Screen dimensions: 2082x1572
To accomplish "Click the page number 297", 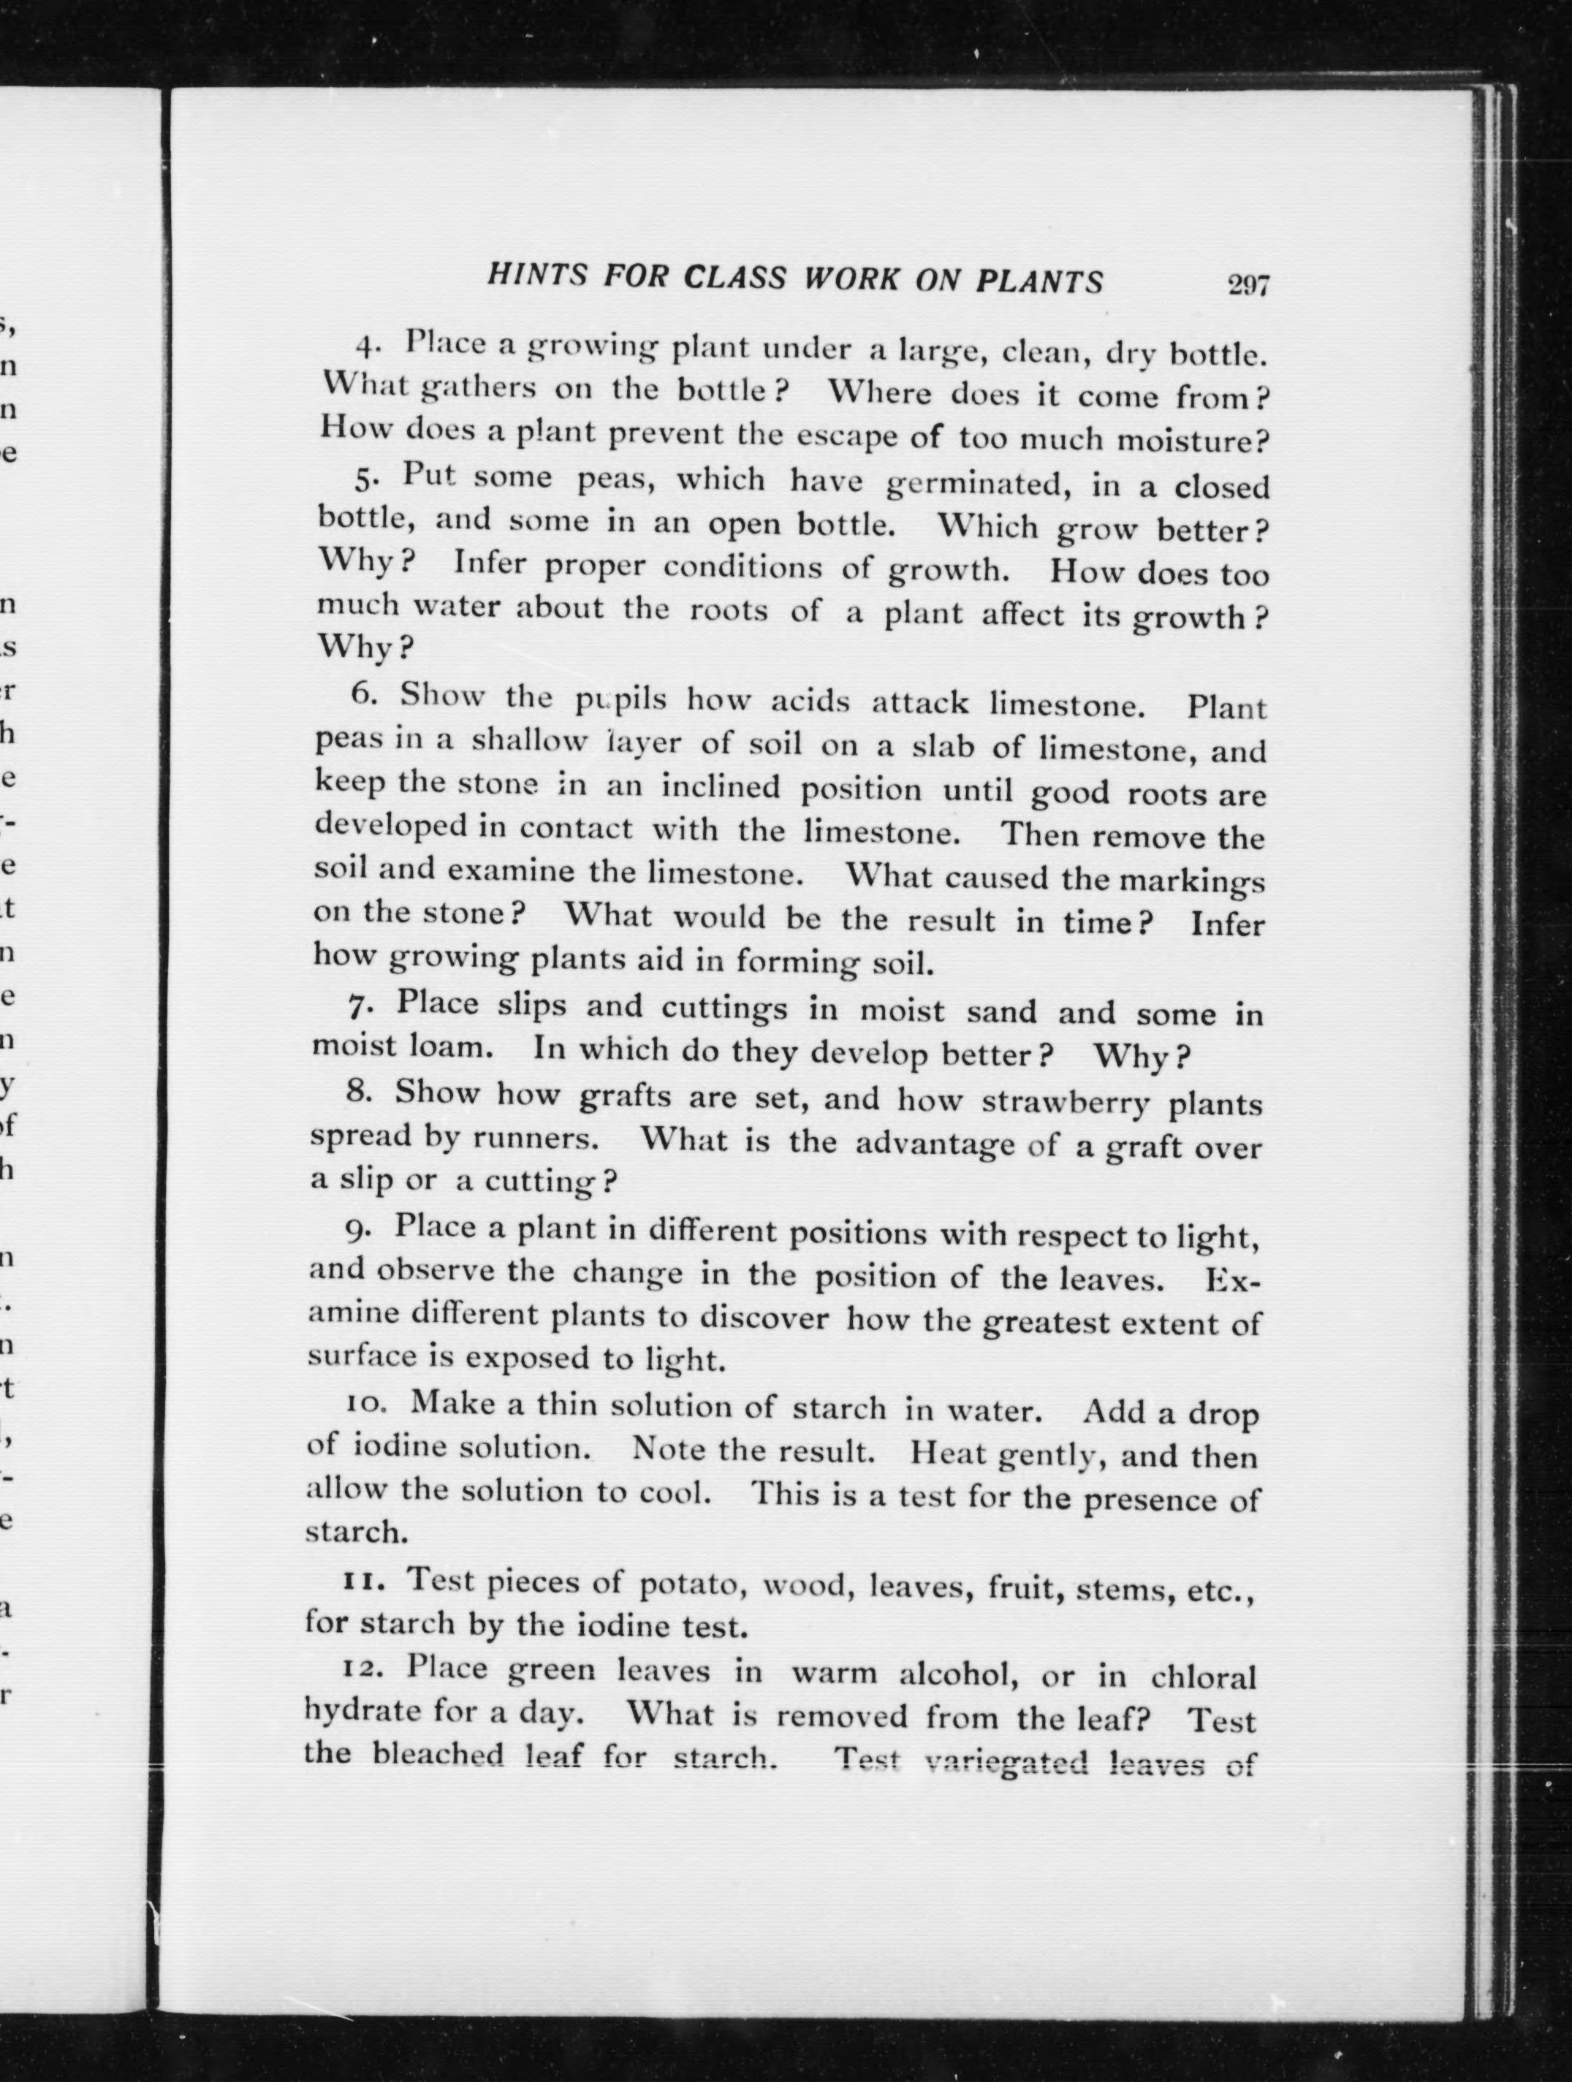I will pos(1248,284).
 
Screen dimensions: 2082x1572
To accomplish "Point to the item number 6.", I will pos(363,695).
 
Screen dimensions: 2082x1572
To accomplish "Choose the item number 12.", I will pos(360,1669).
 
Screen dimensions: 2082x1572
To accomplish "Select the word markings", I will pos(1191,882).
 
